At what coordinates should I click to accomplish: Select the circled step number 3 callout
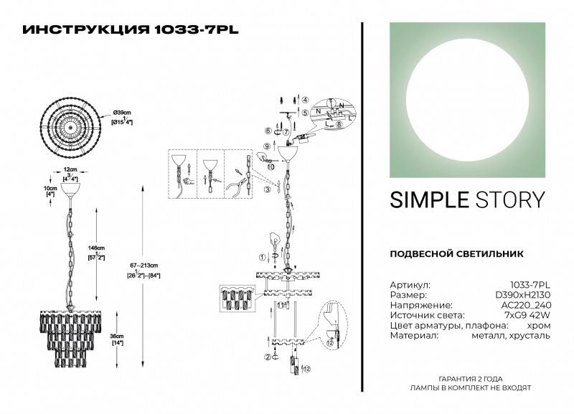click(268, 189)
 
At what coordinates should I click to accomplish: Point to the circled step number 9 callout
click(267, 146)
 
